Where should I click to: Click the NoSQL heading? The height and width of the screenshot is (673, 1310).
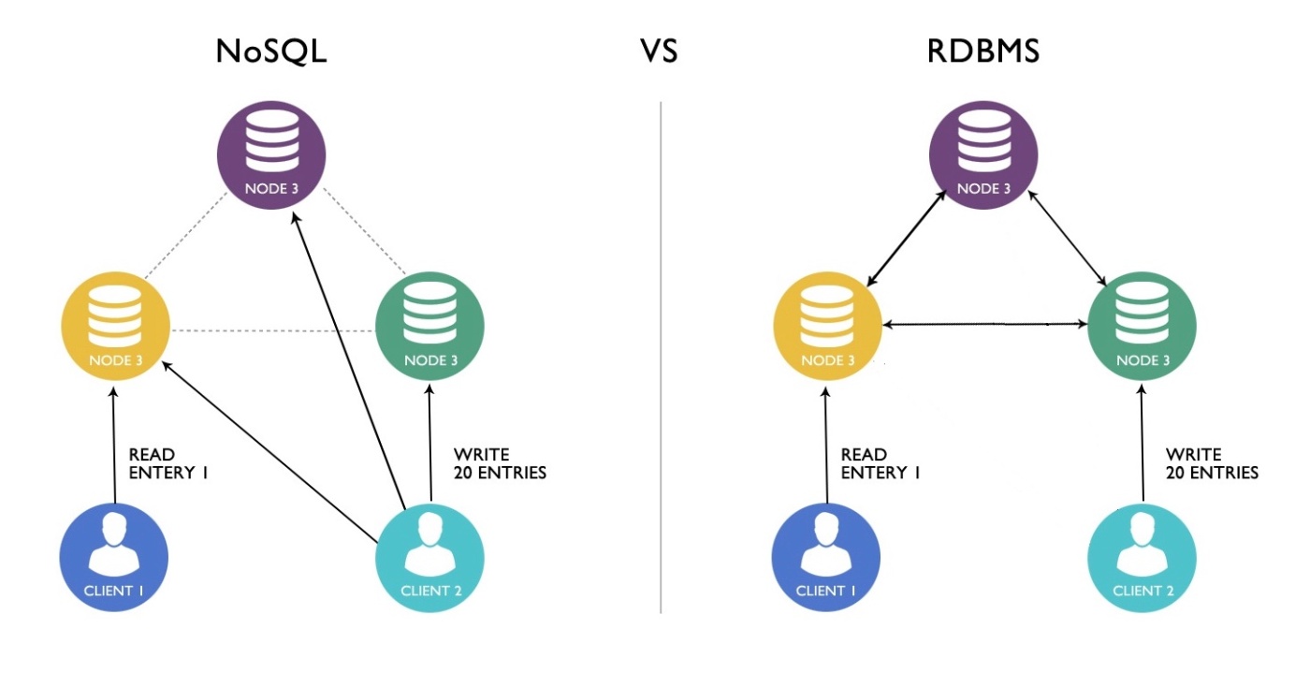point(271,51)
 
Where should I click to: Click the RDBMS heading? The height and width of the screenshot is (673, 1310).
point(983,51)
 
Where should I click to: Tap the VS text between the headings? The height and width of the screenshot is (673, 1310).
point(659,51)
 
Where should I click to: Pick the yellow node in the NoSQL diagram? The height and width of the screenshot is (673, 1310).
point(115,326)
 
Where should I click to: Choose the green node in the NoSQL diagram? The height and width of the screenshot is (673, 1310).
point(429,326)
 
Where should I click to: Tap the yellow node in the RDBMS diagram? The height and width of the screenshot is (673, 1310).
point(828,326)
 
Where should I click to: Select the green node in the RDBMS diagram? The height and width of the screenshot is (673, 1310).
point(1143,326)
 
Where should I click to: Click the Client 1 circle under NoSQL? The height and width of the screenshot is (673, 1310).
point(115,557)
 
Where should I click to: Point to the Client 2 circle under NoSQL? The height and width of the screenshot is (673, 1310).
point(429,557)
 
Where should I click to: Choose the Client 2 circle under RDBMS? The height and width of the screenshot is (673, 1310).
point(1143,557)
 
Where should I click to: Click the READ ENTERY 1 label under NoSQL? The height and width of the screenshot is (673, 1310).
point(168,464)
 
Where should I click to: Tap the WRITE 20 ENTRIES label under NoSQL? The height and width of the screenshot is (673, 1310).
point(499,464)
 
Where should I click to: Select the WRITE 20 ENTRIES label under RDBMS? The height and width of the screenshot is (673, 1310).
point(1212,464)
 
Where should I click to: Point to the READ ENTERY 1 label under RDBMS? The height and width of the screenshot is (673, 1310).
point(881,464)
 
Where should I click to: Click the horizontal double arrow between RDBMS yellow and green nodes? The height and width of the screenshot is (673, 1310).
point(985,324)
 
